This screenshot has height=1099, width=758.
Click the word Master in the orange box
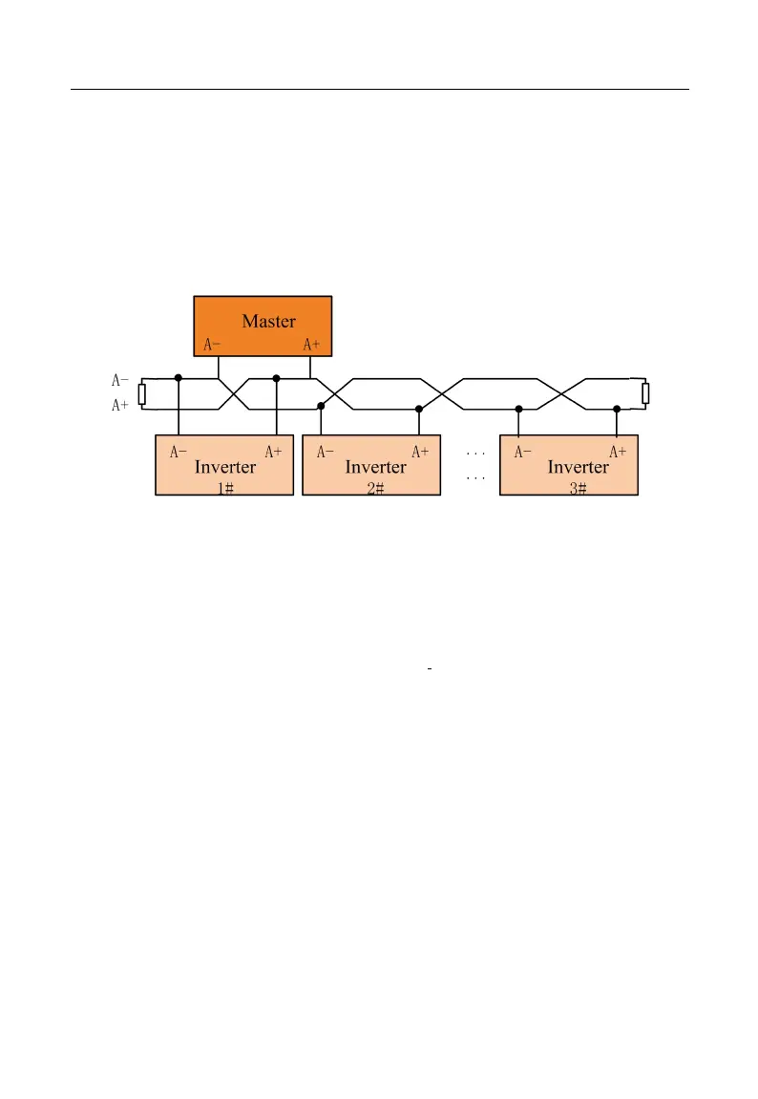268,321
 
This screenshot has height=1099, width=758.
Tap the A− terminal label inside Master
213,345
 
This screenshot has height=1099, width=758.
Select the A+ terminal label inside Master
311,345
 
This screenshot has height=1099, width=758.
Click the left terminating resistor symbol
142,392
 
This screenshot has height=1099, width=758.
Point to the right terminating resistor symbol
645,392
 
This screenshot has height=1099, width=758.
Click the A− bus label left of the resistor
119,380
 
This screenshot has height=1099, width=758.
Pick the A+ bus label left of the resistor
119,406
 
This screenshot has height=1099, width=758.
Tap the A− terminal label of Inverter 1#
179,452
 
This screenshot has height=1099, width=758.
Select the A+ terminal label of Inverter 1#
273,452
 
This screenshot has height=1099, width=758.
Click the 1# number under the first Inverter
225,487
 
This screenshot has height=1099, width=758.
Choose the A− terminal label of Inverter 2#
326,452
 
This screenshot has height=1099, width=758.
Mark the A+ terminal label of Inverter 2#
420,452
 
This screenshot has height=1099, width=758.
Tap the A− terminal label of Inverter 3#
523,452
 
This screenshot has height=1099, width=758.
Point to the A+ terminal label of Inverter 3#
618,452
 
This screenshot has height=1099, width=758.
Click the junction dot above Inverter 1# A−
179,378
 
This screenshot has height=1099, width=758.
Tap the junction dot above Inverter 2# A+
419,409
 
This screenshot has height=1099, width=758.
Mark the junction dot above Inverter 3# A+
617,409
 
